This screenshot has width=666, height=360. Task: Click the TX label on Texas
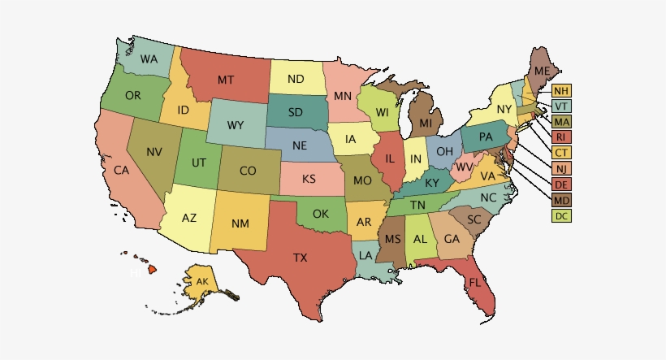301,258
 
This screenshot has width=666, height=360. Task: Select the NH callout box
561,90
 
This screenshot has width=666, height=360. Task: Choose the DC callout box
561,215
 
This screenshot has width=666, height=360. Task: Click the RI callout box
561,137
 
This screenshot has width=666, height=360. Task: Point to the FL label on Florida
474,282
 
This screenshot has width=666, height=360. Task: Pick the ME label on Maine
543,72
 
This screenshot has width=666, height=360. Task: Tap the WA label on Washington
149,59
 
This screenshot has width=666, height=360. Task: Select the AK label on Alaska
202,282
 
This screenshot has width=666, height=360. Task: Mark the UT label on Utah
198,162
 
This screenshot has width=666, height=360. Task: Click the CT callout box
561,152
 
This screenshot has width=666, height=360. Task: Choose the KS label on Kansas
309,178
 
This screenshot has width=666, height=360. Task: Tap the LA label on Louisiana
366,255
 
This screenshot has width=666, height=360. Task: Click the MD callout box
561,200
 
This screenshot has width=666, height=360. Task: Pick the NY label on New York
504,108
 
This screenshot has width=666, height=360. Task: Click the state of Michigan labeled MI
426,124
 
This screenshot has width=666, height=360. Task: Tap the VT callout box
561,106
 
